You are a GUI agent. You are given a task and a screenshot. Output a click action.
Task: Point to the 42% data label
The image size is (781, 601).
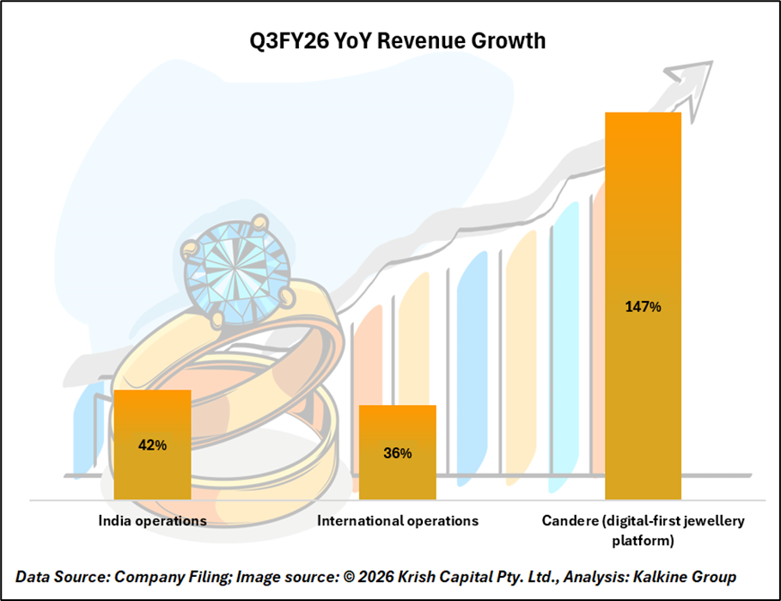click(x=152, y=445)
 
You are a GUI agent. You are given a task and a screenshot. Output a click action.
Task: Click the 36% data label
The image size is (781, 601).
click(x=397, y=453)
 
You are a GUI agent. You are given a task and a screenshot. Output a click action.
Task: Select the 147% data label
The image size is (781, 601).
click(x=643, y=307)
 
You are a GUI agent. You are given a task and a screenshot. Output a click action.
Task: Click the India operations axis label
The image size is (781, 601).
click(x=152, y=521)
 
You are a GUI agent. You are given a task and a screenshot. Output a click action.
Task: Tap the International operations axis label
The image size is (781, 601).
click(x=397, y=521)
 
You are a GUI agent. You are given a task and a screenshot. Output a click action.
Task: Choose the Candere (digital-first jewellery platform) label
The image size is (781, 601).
click(x=643, y=530)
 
